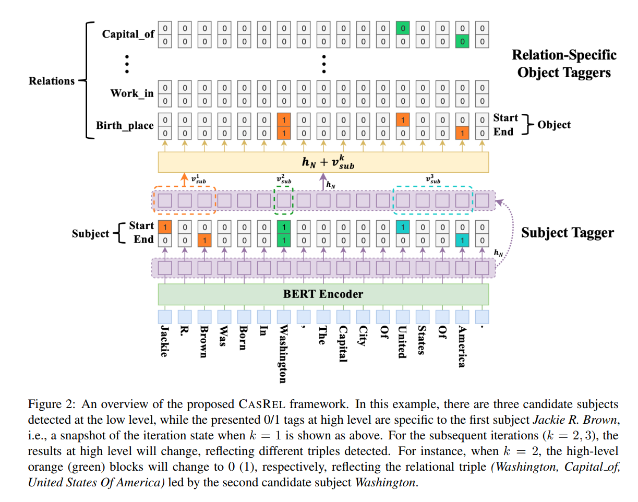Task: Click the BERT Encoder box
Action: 323,294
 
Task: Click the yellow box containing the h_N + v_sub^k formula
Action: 323,162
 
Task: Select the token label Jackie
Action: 164,341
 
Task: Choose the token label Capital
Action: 343,344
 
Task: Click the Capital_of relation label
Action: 128,34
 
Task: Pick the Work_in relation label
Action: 132,93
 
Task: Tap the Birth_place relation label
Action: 125,125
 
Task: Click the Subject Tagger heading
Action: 568,233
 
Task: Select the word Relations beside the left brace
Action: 52,81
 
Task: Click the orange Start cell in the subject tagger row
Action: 165,228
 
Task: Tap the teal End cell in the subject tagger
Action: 462,240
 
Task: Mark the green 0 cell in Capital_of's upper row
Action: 403,28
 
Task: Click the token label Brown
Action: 204,342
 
